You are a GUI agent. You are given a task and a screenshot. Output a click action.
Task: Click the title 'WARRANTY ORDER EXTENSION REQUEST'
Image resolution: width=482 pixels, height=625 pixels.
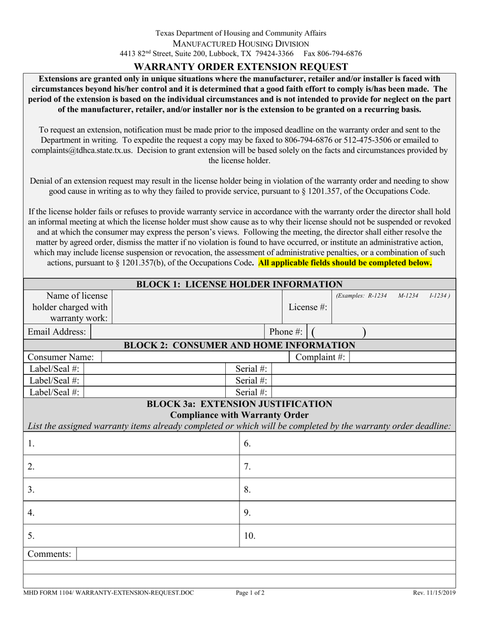click(x=240, y=67)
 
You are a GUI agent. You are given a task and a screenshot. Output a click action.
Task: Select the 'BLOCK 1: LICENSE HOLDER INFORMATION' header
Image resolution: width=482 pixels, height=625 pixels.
click(x=240, y=284)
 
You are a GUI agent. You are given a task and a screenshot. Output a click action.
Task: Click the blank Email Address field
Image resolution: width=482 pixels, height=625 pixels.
click(x=178, y=332)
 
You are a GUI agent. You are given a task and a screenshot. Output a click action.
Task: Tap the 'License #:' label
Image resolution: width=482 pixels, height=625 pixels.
click(x=307, y=307)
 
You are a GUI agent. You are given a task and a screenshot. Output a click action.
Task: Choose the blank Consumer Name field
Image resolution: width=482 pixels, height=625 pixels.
click(x=195, y=357)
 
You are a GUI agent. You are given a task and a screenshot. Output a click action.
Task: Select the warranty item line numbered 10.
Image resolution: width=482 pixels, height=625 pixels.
click(x=348, y=536)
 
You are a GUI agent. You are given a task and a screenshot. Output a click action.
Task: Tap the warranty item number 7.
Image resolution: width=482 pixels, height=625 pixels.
click(x=248, y=466)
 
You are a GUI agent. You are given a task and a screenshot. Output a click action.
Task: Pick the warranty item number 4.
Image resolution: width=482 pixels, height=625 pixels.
click(x=31, y=513)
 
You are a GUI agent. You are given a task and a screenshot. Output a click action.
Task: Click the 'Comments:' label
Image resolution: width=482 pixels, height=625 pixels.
click(x=49, y=554)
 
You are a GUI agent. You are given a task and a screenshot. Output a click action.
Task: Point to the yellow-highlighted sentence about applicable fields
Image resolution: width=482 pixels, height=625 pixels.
click(x=345, y=263)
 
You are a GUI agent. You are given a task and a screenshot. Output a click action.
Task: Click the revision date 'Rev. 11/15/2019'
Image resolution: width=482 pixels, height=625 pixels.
click(x=433, y=592)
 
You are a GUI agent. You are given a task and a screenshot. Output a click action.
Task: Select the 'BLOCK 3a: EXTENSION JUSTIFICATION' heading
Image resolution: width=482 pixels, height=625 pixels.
click(x=239, y=404)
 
